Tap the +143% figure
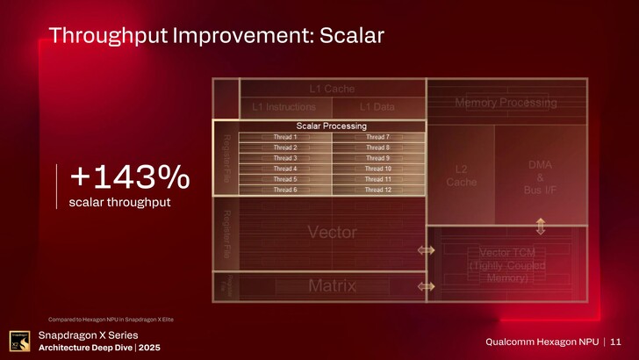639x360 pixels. (129, 178)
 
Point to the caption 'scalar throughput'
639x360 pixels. (119, 203)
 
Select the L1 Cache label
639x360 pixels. (331, 89)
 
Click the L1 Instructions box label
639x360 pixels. (284, 107)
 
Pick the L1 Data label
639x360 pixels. (377, 107)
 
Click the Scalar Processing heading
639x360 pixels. (331, 126)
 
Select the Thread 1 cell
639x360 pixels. (284, 137)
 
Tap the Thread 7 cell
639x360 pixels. (377, 137)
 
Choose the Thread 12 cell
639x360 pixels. (377, 190)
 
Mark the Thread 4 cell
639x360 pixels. (284, 169)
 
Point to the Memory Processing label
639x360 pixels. (505, 104)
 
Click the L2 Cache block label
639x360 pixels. (461, 175)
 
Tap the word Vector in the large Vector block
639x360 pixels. (332, 232)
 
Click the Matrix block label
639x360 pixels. (332, 285)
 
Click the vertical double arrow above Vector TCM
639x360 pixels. (540, 226)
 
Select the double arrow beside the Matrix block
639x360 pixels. (426, 286)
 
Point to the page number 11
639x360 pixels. (615, 341)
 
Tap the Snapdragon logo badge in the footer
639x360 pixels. (18, 341)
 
